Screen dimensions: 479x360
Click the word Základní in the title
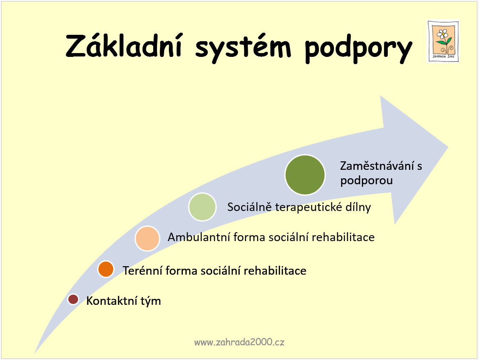(x=124, y=46)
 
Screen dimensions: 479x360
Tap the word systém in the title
(x=243, y=48)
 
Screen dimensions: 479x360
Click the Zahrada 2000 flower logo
(x=443, y=42)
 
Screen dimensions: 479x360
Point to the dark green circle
(x=305, y=175)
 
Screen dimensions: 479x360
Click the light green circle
(x=202, y=207)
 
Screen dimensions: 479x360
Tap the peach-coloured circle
(x=147, y=238)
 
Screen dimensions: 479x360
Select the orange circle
(x=106, y=269)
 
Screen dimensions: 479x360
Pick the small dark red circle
(x=73, y=299)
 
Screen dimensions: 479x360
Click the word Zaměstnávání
(x=377, y=166)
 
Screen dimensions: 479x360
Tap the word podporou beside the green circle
(x=366, y=180)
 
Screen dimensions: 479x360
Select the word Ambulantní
(x=199, y=237)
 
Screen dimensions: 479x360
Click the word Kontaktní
(x=112, y=301)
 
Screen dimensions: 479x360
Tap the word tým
(x=151, y=301)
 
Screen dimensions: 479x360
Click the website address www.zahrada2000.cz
(x=239, y=342)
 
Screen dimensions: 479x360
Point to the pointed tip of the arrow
(x=448, y=147)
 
